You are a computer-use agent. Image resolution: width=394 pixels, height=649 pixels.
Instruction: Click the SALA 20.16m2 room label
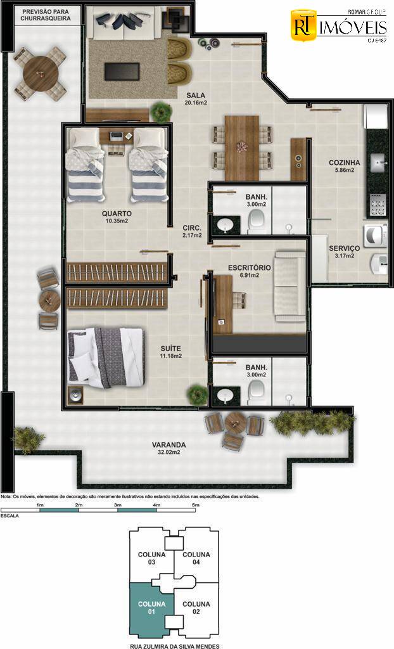(196, 98)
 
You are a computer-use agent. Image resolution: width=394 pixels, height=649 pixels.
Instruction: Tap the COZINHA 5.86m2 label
(344, 166)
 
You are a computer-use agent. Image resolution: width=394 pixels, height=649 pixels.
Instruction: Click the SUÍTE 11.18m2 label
(171, 352)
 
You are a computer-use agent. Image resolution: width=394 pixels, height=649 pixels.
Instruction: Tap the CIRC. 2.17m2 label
(192, 231)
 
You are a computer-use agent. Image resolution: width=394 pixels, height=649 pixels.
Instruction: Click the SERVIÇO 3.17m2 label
(344, 252)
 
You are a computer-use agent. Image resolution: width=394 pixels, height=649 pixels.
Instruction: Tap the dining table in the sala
(242, 148)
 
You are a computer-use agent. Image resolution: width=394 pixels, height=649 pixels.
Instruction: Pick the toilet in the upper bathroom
(257, 221)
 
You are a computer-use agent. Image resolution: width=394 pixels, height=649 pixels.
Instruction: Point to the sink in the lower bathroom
(225, 396)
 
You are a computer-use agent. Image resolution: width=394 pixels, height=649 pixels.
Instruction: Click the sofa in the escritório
(289, 285)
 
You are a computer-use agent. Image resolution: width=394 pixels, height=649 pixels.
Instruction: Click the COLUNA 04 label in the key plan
(196, 558)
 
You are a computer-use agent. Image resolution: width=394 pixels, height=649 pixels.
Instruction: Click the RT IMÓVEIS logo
(338, 27)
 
